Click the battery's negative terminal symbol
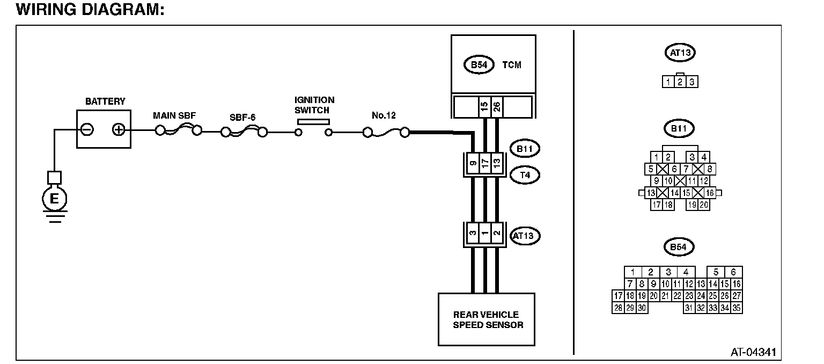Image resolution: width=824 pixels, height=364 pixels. pyautogui.click(x=87, y=129)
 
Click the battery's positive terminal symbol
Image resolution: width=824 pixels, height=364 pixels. pyautogui.click(x=119, y=129)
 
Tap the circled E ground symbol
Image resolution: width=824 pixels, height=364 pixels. pyautogui.click(x=54, y=199)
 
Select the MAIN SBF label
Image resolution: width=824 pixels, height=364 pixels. pyautogui.click(x=174, y=115)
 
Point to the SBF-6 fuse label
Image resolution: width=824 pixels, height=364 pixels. pyautogui.click(x=242, y=118)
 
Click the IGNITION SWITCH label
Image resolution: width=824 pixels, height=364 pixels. pyautogui.click(x=314, y=105)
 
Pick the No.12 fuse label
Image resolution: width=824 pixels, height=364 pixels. pyautogui.click(x=384, y=115)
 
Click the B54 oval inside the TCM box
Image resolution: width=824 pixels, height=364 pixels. pyautogui.click(x=479, y=65)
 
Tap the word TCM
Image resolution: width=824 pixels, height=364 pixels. pyautogui.click(x=512, y=65)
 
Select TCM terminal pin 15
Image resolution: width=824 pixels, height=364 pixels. pyautogui.click(x=484, y=107)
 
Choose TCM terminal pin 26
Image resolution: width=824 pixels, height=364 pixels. pyautogui.click(x=497, y=107)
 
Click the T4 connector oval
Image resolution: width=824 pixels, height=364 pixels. pyautogui.click(x=525, y=175)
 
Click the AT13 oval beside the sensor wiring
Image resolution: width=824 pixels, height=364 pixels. pyautogui.click(x=525, y=236)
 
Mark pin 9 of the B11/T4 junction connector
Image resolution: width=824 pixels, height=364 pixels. pyautogui.click(x=473, y=163)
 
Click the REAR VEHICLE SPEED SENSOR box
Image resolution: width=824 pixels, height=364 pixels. pyautogui.click(x=487, y=319)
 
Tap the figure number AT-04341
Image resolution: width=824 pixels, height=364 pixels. pyautogui.click(x=753, y=352)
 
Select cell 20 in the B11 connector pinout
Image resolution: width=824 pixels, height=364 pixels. pyautogui.click(x=704, y=205)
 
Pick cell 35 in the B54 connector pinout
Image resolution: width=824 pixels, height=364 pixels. pyautogui.click(x=737, y=308)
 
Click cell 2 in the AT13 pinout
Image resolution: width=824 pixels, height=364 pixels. pyautogui.click(x=680, y=82)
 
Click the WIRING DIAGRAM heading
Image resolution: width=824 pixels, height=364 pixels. pyautogui.click(x=90, y=9)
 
